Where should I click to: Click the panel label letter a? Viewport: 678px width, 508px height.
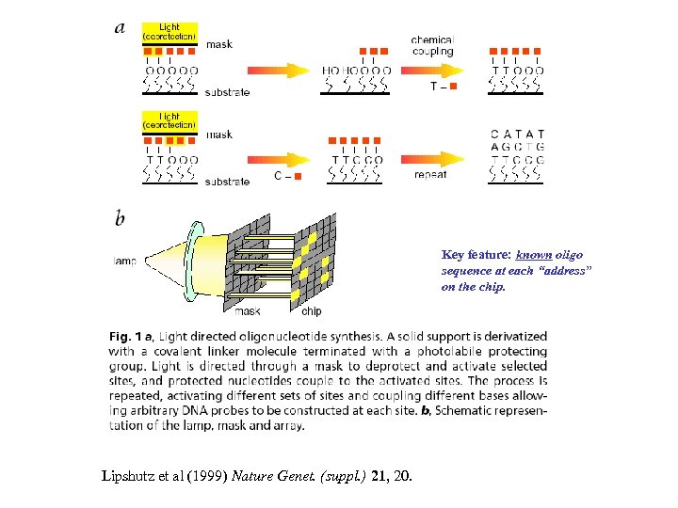(x=120, y=27)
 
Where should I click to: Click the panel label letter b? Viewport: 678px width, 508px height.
(x=120, y=219)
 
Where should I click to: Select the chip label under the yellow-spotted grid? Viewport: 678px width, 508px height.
(x=311, y=311)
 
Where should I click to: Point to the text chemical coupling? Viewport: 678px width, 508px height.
(x=432, y=45)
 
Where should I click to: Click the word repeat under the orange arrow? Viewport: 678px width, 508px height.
(x=431, y=175)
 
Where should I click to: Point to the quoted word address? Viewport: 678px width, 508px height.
(x=562, y=271)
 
